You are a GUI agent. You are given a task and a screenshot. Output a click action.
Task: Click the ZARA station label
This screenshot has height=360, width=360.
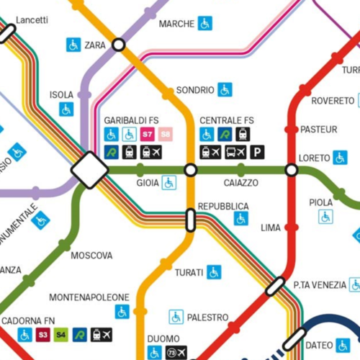coord(95,45)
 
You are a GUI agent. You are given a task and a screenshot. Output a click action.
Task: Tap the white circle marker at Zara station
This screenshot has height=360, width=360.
coord(119,45)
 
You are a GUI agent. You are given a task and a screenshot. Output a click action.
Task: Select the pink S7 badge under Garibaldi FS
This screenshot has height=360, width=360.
coord(148,134)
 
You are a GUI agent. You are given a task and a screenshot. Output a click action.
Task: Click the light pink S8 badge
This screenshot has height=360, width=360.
coord(166,134)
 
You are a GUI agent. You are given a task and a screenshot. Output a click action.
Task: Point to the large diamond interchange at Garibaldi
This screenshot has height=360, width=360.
coord(90,170)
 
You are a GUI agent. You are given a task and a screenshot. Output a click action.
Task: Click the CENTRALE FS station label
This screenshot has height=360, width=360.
coord(227,120)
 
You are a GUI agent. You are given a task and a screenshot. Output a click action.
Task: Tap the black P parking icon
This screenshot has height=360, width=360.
coord(257,152)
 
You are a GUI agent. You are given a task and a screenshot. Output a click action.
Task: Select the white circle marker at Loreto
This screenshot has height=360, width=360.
coord(292,170)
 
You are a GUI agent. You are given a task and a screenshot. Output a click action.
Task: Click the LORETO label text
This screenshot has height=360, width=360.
coord(314,157)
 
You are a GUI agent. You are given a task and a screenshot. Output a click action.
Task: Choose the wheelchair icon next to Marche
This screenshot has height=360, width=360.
coord(205,24)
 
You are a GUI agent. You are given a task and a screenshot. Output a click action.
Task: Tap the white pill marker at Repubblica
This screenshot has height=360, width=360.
coord(191,220)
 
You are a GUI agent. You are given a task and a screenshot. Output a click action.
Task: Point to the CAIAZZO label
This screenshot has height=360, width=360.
coord(240,184)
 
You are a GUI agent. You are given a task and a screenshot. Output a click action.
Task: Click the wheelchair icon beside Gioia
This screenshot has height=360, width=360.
coord(168,183)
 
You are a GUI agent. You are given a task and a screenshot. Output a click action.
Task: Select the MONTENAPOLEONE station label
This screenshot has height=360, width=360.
coord(89,297)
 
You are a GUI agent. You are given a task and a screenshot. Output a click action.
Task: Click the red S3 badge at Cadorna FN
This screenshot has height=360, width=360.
coord(43,335)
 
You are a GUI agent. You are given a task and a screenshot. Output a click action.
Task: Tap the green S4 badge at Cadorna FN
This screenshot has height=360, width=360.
coord(61,335)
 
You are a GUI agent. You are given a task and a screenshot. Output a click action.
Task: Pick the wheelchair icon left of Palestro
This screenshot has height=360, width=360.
coord(176,317)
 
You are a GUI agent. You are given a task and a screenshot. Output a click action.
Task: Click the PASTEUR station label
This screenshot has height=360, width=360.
coord(318,130)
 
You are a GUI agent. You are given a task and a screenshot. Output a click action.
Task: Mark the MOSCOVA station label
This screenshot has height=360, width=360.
coord(91,256)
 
